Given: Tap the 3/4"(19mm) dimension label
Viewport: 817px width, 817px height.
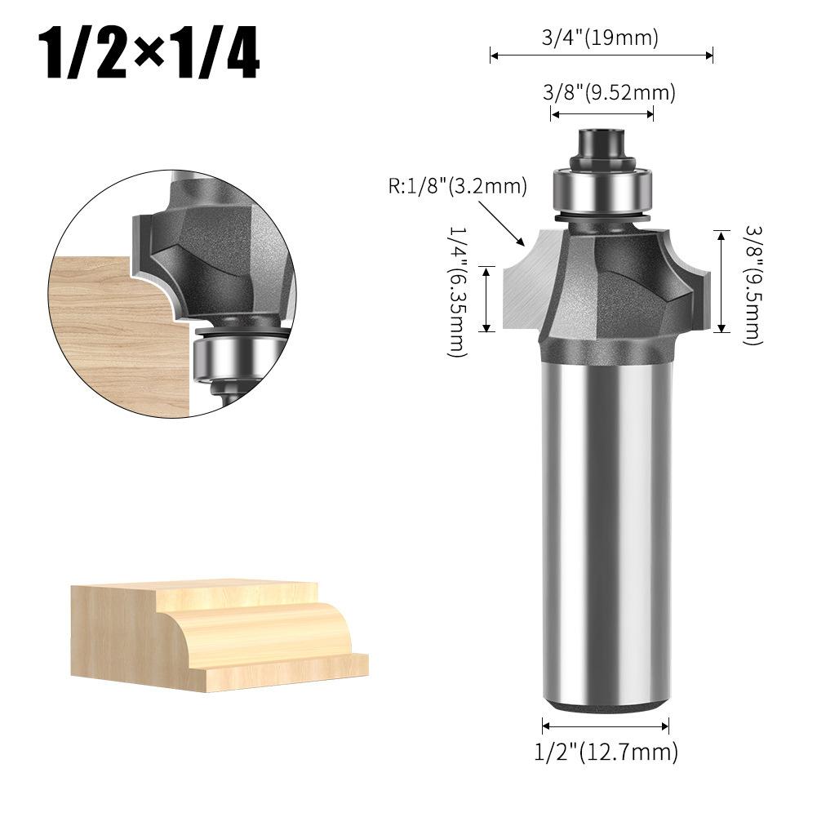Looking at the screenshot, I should point(601,37).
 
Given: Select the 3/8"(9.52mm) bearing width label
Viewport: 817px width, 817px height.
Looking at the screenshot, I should point(609,92).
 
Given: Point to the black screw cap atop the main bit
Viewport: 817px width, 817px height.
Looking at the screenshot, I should point(601,143).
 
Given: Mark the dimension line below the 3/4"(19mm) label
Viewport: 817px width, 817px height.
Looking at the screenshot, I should point(602,56).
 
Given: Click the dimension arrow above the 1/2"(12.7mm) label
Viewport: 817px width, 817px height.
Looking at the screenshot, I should point(606,725).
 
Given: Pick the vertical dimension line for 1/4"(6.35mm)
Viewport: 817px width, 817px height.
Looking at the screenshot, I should point(486,299).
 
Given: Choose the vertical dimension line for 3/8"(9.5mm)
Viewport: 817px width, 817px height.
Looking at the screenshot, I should point(721,282).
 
